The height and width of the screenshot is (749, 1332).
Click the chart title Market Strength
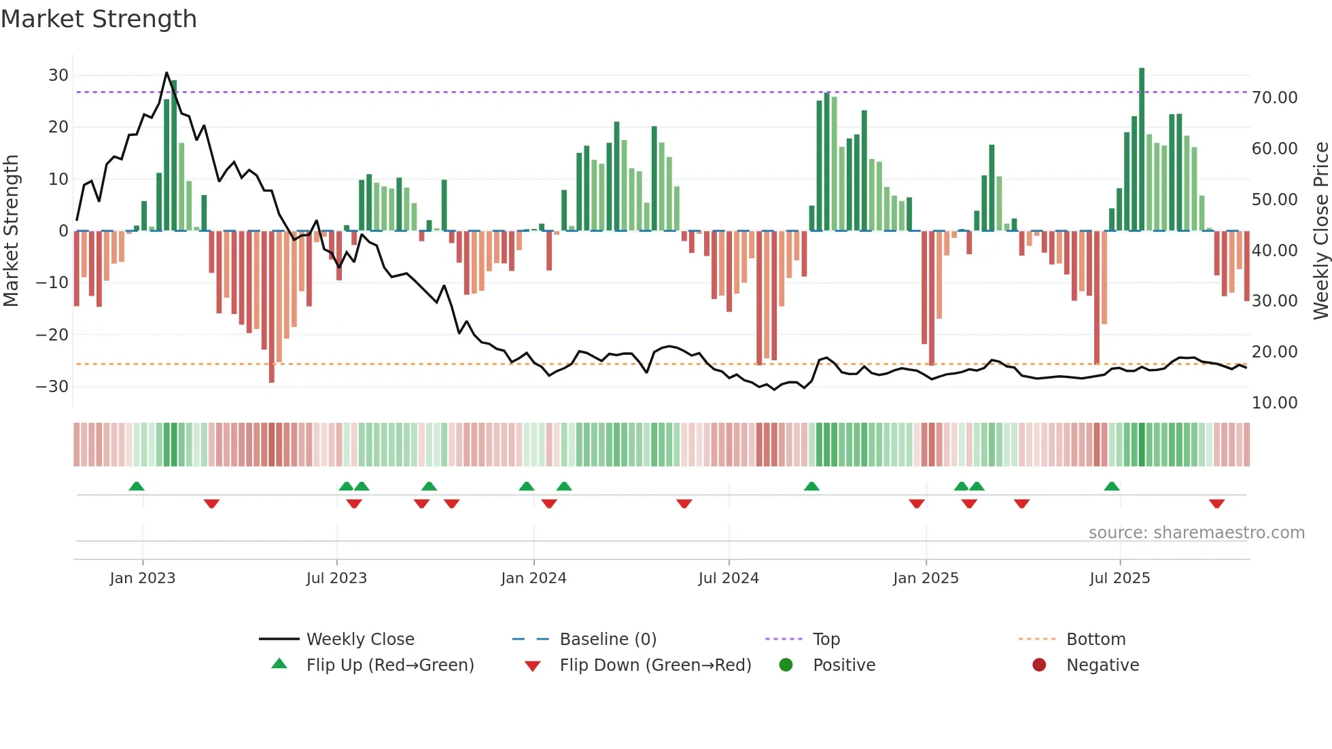[x=99, y=19]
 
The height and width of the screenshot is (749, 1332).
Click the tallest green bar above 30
[x=1142, y=150]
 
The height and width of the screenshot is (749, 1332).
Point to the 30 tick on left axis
[x=58, y=75]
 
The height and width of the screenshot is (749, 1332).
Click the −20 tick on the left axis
[x=52, y=334]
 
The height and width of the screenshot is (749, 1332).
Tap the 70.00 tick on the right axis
[x=1274, y=98]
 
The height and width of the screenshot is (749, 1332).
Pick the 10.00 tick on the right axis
[x=1274, y=403]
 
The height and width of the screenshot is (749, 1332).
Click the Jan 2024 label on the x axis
[x=533, y=578]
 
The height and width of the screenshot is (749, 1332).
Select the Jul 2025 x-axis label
[x=1119, y=578]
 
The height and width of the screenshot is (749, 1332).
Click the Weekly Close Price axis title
[x=1320, y=231]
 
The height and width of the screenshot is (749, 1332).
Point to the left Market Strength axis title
[x=11, y=231]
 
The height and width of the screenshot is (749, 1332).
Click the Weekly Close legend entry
[x=360, y=640]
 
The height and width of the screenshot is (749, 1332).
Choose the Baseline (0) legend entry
[x=608, y=640]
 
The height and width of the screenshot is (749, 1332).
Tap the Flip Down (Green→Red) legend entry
[x=654, y=665]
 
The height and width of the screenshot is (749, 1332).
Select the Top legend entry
[x=826, y=640]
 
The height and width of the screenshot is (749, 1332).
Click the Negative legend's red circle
[x=1039, y=665]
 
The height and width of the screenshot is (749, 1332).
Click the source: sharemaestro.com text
[x=1196, y=533]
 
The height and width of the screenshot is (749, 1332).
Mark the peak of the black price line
[x=166, y=73]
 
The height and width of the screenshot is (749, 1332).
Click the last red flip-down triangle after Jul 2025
[x=1216, y=504]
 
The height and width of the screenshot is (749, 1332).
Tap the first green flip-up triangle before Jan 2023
[x=137, y=486]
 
